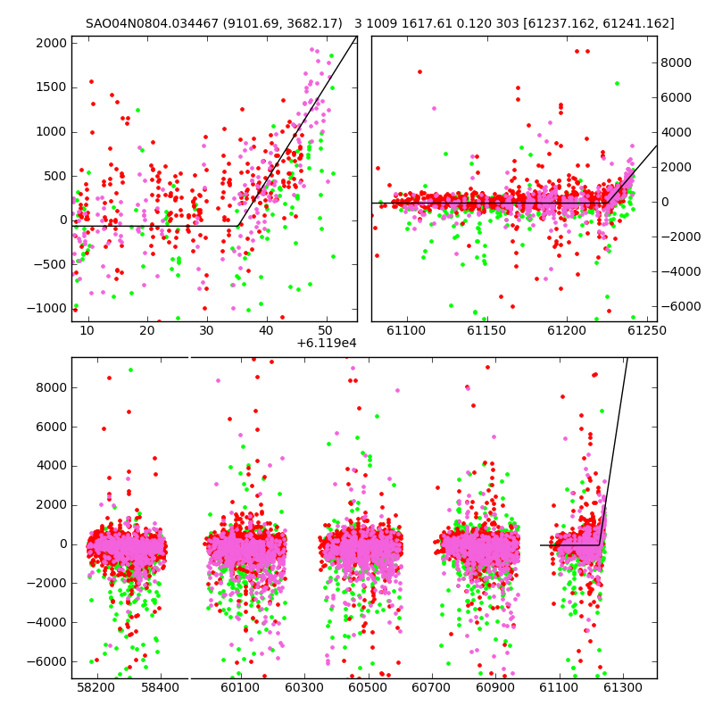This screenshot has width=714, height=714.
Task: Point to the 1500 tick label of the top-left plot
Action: [x=51, y=87]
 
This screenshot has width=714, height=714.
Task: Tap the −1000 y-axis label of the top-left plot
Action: [x=47, y=308]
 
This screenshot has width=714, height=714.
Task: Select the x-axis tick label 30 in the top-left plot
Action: [x=206, y=330]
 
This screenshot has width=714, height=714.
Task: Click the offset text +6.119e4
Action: [x=327, y=343]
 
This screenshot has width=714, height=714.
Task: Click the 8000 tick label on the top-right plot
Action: [x=676, y=62]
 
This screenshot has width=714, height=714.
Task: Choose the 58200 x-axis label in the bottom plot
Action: [x=95, y=686]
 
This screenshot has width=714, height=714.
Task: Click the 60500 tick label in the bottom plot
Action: [x=368, y=686]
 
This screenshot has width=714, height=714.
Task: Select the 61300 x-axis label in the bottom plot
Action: [x=622, y=686]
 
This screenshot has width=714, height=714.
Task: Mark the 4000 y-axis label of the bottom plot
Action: [x=52, y=466]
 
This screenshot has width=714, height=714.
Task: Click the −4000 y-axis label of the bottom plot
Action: [x=47, y=622]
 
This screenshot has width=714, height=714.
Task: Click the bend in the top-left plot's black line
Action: [x=238, y=226]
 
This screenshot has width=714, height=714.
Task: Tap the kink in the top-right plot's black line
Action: [x=608, y=203]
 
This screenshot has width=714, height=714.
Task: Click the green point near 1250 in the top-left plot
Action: [x=137, y=110]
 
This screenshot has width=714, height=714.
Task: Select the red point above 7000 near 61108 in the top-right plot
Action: [x=419, y=72]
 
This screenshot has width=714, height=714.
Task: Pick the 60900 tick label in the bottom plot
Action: [x=495, y=686]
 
